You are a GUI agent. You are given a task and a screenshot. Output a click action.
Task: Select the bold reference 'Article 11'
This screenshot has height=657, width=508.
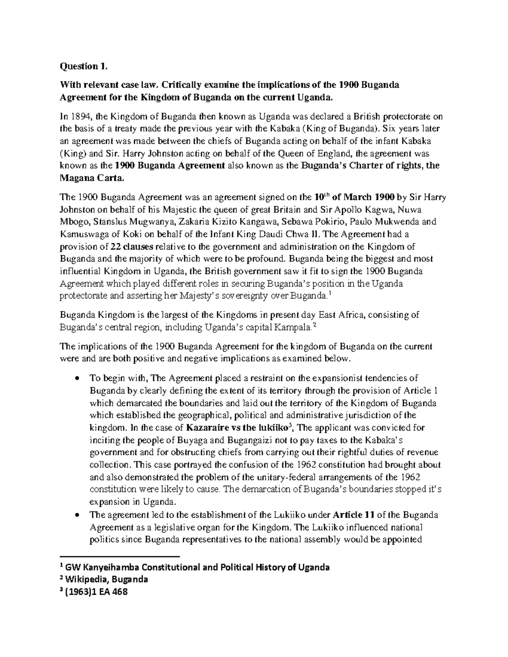352,515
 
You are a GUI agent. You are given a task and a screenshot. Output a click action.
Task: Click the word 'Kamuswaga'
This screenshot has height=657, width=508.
84,234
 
